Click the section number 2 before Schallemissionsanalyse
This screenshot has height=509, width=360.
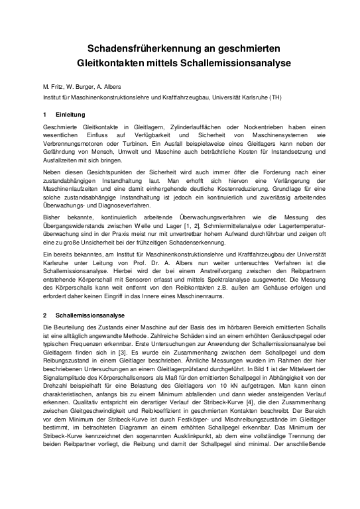coord(44,315)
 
